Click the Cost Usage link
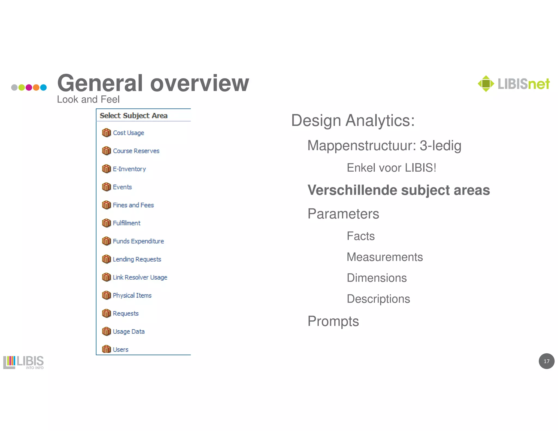[128, 133]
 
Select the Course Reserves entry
[136, 151]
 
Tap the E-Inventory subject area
[129, 169]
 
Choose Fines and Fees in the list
[133, 205]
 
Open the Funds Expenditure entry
[138, 241]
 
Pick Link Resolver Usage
[140, 277]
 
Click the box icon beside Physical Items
[106, 295]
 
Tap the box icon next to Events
[106, 187]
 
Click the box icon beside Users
[106, 349]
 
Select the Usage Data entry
[129, 332]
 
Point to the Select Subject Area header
[134, 116]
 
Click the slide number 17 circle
[546, 361]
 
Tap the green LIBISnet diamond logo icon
[486, 84]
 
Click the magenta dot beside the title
[29, 87]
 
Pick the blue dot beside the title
[43, 87]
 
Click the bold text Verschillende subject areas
[399, 190]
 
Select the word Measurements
[385, 257]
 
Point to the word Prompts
[333, 321]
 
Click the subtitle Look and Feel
[88, 99]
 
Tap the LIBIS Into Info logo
[23, 362]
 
